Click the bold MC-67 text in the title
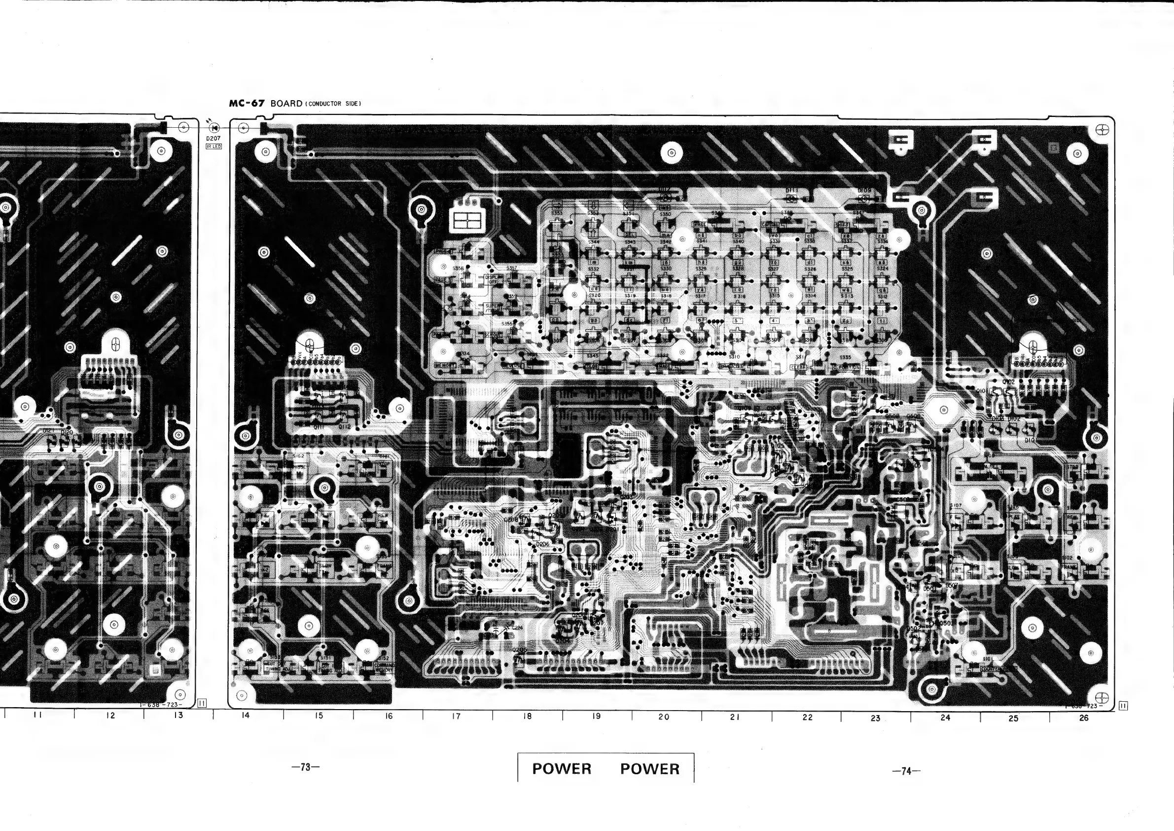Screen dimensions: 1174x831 click(247, 103)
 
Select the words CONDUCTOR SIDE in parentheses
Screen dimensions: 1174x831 click(333, 104)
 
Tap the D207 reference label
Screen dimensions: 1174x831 click(213, 139)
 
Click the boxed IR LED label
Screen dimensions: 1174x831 click(213, 147)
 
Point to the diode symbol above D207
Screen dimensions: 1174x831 click(213, 128)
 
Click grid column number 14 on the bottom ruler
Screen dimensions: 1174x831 click(246, 716)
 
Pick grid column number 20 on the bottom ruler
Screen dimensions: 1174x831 click(664, 717)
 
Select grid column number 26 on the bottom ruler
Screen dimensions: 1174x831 click(1083, 718)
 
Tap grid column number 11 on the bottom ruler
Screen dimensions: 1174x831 click(37, 715)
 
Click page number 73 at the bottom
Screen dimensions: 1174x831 click(306, 767)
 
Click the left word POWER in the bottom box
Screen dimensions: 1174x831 click(562, 768)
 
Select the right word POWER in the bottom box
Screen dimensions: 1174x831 click(650, 768)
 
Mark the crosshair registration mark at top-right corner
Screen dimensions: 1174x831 click(1103, 130)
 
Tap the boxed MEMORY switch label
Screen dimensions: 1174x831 click(444, 365)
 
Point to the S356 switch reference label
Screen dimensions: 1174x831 click(458, 268)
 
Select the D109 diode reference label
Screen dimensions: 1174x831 click(864, 190)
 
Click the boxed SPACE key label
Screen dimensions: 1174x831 click(700, 225)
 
